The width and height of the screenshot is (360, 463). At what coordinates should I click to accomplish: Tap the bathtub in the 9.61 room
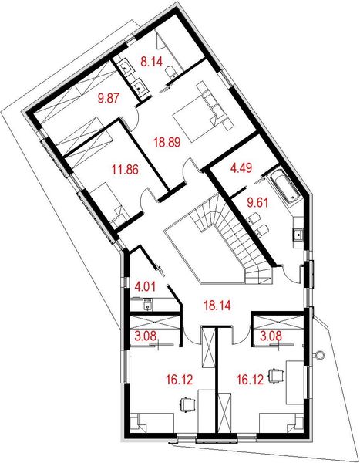coord(281,189)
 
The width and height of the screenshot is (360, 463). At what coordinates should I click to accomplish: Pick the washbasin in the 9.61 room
coord(298,234)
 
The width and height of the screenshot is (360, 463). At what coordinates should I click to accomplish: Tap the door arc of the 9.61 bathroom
coord(291,272)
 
